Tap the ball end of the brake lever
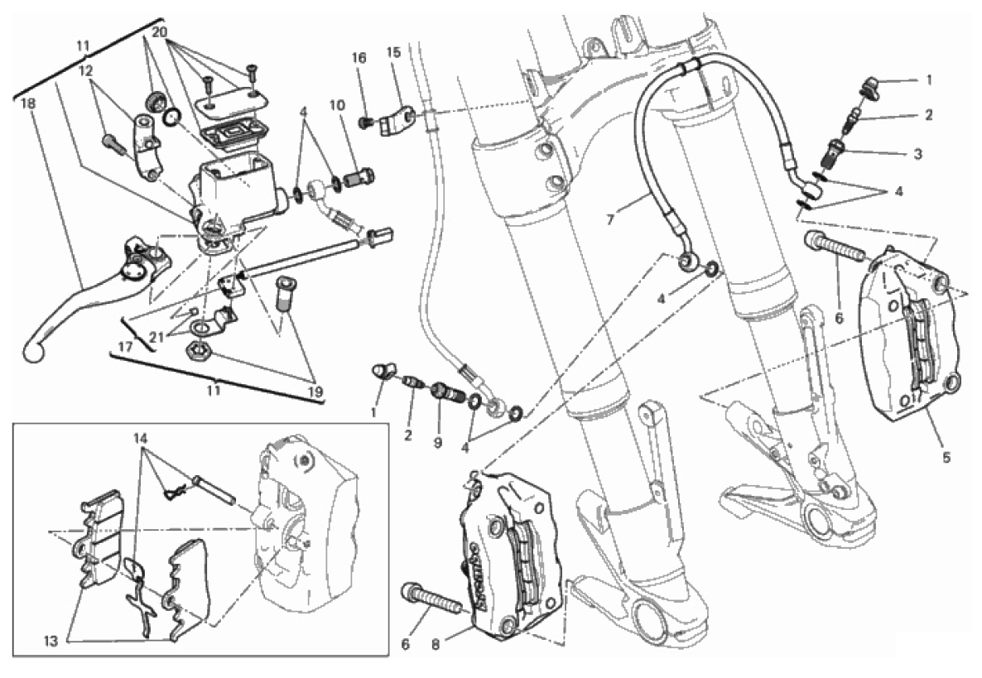click(x=33, y=352)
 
